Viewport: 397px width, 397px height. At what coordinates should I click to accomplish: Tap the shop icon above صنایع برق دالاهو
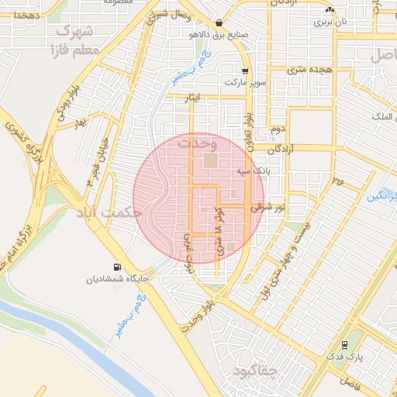click(x=221, y=23)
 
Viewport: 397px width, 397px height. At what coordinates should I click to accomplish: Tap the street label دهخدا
click(x=22, y=15)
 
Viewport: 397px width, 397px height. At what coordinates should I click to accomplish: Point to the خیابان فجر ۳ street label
click(x=96, y=161)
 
